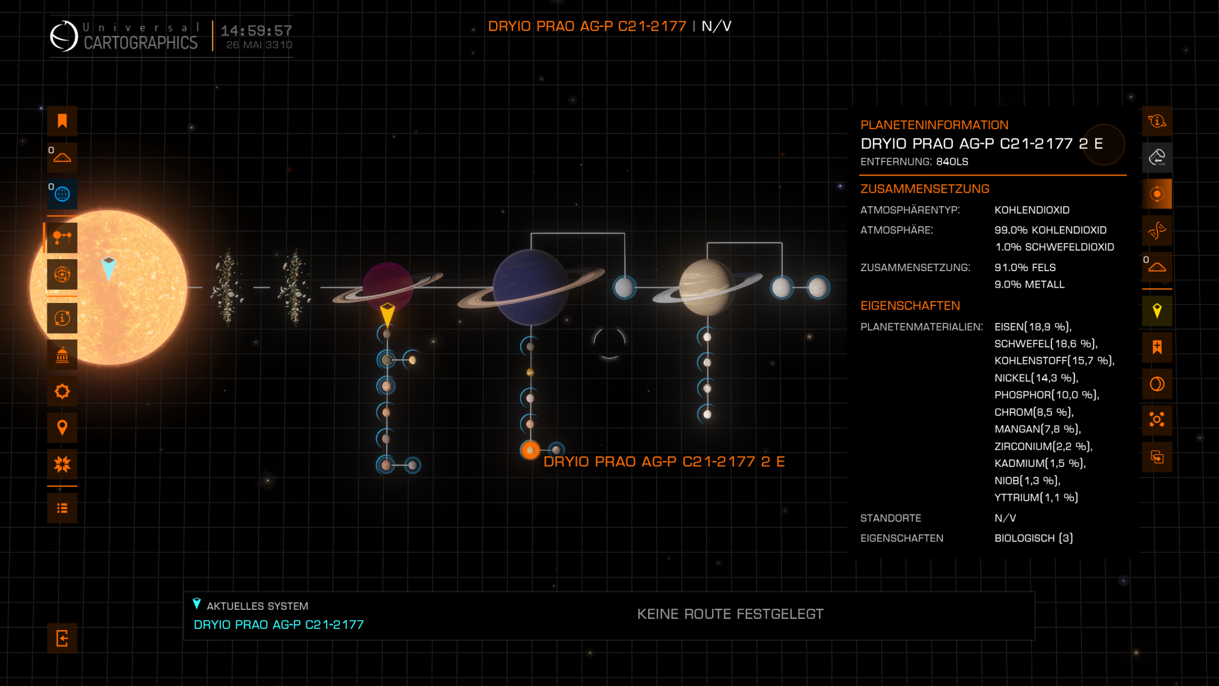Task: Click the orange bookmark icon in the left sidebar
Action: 62,121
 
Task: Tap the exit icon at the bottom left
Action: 62,638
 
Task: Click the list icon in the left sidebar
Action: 62,508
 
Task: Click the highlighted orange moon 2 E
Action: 530,450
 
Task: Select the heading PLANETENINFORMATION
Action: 934,125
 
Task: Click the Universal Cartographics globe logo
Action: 64,36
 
